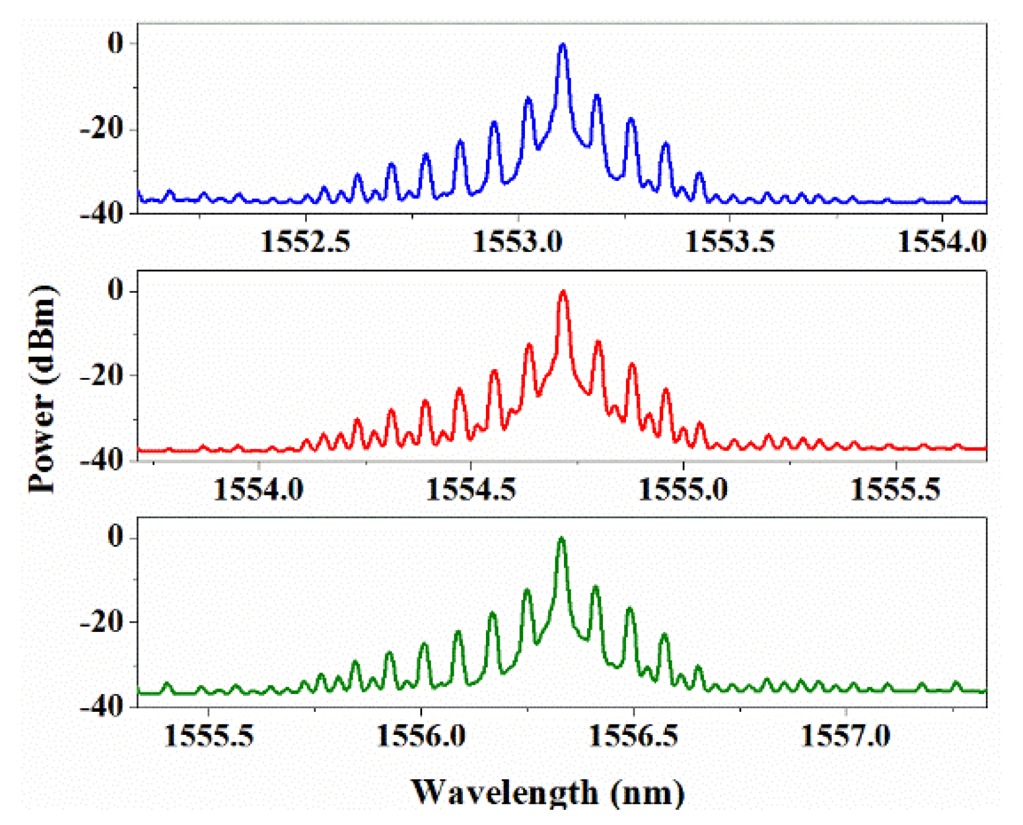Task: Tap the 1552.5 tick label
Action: pyautogui.click(x=306, y=242)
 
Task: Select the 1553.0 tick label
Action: pyautogui.click(x=518, y=242)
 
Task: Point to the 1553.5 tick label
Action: pyautogui.click(x=729, y=242)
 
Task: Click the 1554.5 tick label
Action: pyautogui.click(x=471, y=489)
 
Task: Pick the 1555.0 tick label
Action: pyautogui.click(x=683, y=489)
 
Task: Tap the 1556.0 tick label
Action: pyautogui.click(x=421, y=735)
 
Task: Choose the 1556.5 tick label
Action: pyautogui.click(x=633, y=735)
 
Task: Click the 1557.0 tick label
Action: pyautogui.click(x=845, y=735)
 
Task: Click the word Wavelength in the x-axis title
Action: pyautogui.click(x=505, y=792)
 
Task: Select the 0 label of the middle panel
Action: pyautogui.click(x=115, y=290)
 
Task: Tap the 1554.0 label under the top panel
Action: pyautogui.click(x=942, y=242)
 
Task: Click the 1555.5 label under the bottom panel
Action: pyautogui.click(x=209, y=735)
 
